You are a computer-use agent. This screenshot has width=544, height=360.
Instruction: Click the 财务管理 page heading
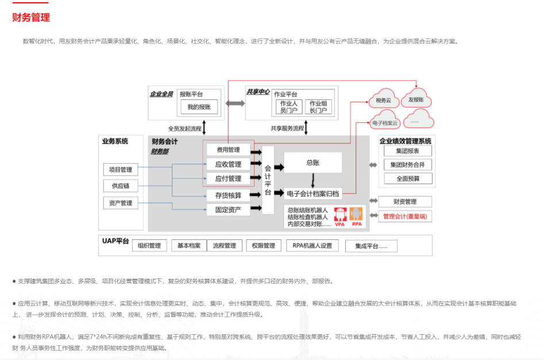(31, 18)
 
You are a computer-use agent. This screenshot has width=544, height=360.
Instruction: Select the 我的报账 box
(199, 107)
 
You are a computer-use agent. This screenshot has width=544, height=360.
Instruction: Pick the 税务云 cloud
(383, 100)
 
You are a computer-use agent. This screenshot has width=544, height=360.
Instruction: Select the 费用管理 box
(228, 150)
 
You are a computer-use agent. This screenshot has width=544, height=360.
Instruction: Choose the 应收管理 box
(228, 165)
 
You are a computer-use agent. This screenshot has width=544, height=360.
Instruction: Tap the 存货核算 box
(228, 195)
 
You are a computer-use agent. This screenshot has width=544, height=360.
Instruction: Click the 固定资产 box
(228, 210)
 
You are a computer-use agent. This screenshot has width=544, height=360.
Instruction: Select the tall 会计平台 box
(268, 180)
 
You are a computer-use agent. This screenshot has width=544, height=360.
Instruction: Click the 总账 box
(312, 162)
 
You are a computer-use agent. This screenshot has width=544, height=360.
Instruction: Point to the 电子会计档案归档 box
(312, 193)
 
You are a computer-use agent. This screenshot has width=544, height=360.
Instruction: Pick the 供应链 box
(121, 186)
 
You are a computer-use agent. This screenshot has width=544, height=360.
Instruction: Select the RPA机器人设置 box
(312, 246)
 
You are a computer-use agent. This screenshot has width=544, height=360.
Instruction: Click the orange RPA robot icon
(356, 216)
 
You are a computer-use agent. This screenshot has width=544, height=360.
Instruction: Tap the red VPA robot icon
(339, 216)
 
